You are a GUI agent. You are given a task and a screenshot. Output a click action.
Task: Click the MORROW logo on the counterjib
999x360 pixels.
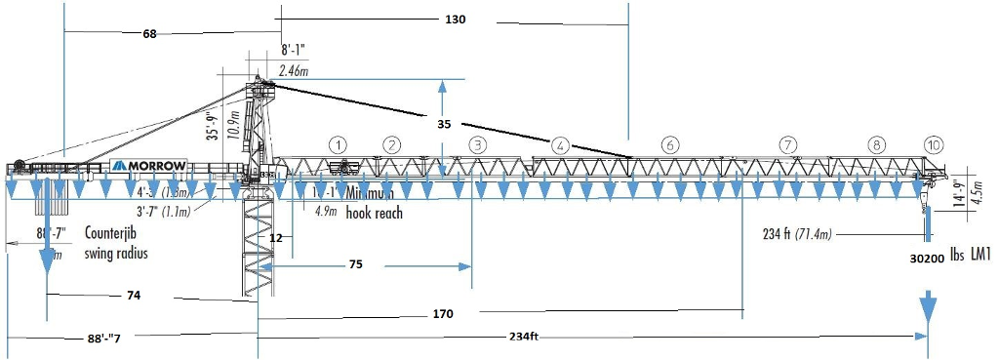(148, 166)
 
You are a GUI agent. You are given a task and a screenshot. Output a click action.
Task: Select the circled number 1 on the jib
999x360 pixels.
(338, 144)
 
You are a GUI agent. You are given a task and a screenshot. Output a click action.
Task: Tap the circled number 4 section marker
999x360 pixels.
(560, 144)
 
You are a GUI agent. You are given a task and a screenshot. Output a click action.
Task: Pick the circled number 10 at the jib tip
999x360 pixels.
(934, 144)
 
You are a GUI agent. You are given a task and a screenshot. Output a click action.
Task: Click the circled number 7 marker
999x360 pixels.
(787, 144)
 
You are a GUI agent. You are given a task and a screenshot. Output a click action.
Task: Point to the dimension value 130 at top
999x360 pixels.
(455, 20)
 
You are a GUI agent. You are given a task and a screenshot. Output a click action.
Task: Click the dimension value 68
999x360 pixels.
(149, 34)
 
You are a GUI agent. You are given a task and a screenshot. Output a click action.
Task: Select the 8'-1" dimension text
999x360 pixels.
(297, 50)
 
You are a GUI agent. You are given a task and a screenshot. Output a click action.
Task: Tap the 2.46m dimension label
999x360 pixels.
(294, 70)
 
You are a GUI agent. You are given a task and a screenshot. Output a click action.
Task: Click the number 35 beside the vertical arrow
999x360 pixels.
(444, 124)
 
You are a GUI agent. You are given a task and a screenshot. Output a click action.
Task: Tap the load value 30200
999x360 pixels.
(927, 260)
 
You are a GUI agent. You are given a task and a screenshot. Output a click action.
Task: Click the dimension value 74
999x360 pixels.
(134, 294)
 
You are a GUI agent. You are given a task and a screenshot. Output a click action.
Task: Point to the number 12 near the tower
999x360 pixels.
(276, 237)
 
